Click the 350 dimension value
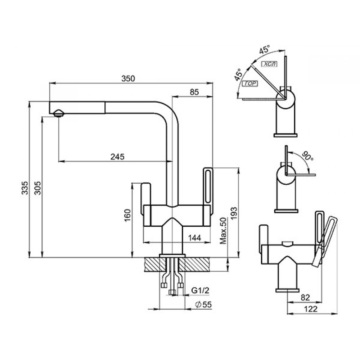coord(128,78)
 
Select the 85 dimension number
coord(194,92)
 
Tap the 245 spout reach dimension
coord(117,157)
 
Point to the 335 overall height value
coord(25,188)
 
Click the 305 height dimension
coord(37,188)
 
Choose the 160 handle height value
coord(127,215)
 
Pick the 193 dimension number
coord(234,213)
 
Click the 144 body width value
coord(194,238)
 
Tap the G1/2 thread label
coord(201,291)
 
